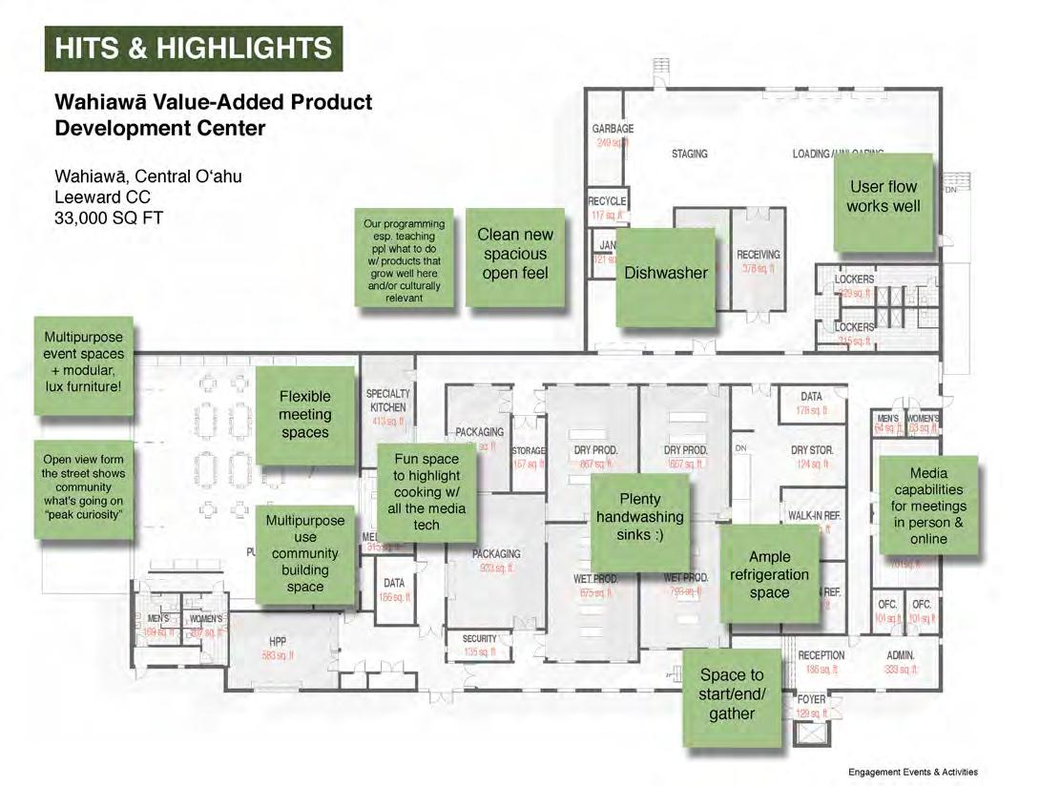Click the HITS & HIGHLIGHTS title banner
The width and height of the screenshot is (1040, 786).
[x=194, y=49]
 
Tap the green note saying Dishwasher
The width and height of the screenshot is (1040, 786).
[x=666, y=274]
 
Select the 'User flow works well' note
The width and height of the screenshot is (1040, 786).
[x=883, y=196]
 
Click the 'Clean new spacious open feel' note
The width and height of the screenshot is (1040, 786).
[x=514, y=254]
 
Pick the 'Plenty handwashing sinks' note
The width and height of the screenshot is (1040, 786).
[x=639, y=517]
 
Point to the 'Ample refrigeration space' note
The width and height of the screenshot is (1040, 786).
[x=769, y=574]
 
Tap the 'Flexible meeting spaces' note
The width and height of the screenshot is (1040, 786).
[x=304, y=414]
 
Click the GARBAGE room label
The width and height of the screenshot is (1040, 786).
[x=613, y=129]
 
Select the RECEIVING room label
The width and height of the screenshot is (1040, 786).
[x=758, y=255]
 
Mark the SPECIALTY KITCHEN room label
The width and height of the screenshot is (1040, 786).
[x=387, y=400]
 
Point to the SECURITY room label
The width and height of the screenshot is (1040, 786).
[x=479, y=639]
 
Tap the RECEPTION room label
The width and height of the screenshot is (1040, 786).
[x=821, y=656]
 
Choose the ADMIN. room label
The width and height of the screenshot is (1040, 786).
[x=900, y=656]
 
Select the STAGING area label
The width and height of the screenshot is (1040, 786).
[x=689, y=154]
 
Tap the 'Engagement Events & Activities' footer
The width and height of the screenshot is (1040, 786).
[x=912, y=772]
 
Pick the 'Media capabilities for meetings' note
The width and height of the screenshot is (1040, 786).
[x=928, y=506]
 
